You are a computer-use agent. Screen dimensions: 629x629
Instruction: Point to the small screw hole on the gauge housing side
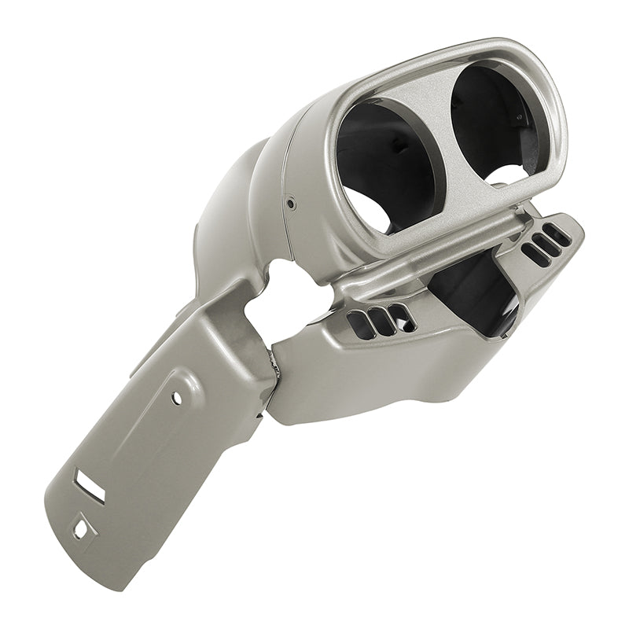coord(291,204)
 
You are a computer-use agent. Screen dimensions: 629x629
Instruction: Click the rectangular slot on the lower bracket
coord(90,485)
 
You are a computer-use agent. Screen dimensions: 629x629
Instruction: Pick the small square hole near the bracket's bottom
coord(81,529)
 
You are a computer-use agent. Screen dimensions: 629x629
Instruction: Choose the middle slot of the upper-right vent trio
coord(545,244)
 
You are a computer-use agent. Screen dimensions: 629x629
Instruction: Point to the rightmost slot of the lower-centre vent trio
coord(402,315)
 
